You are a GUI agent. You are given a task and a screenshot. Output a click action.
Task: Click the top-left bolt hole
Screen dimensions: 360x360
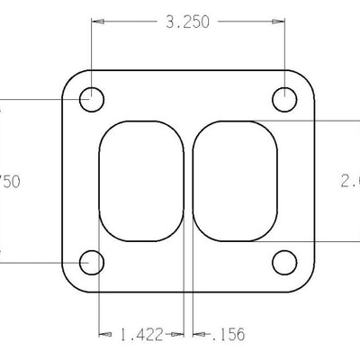click(92, 99)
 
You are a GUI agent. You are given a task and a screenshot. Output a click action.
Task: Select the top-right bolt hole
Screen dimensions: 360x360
click(285, 99)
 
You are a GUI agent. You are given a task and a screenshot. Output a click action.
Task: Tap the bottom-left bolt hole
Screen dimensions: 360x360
click(92, 263)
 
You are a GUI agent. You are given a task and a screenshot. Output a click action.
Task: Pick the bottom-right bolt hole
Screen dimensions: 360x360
click(285, 263)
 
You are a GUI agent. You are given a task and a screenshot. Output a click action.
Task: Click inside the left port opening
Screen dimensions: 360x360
click(141, 180)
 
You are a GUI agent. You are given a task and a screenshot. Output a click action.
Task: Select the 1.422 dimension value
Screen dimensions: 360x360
click(140, 336)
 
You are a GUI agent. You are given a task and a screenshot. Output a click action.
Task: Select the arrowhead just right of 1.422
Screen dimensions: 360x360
click(179, 336)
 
